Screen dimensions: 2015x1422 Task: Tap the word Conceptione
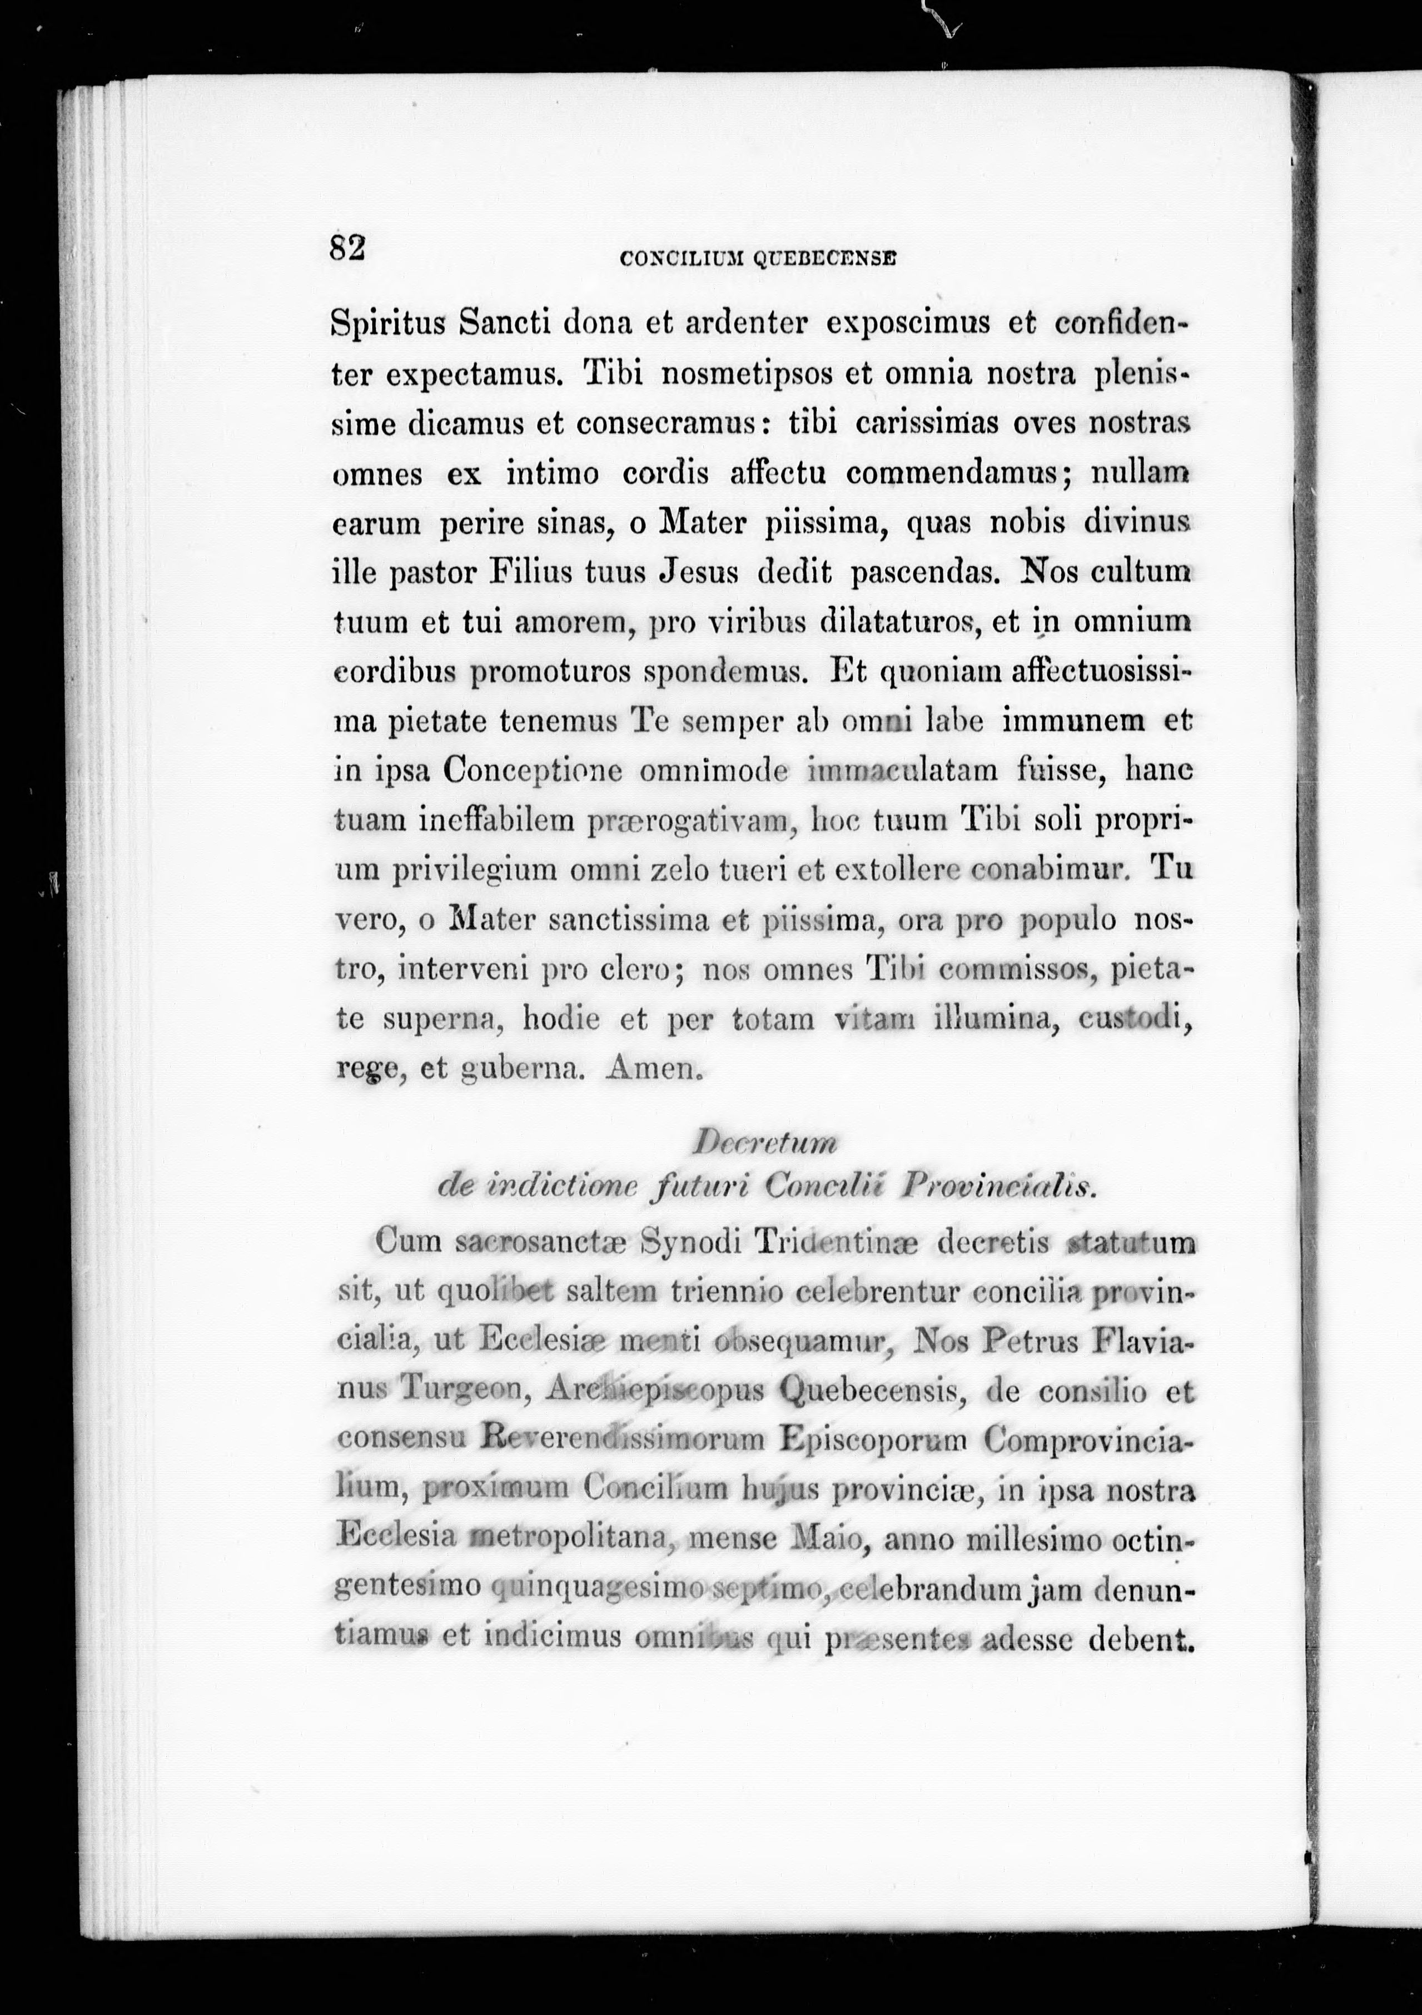(x=533, y=771)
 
